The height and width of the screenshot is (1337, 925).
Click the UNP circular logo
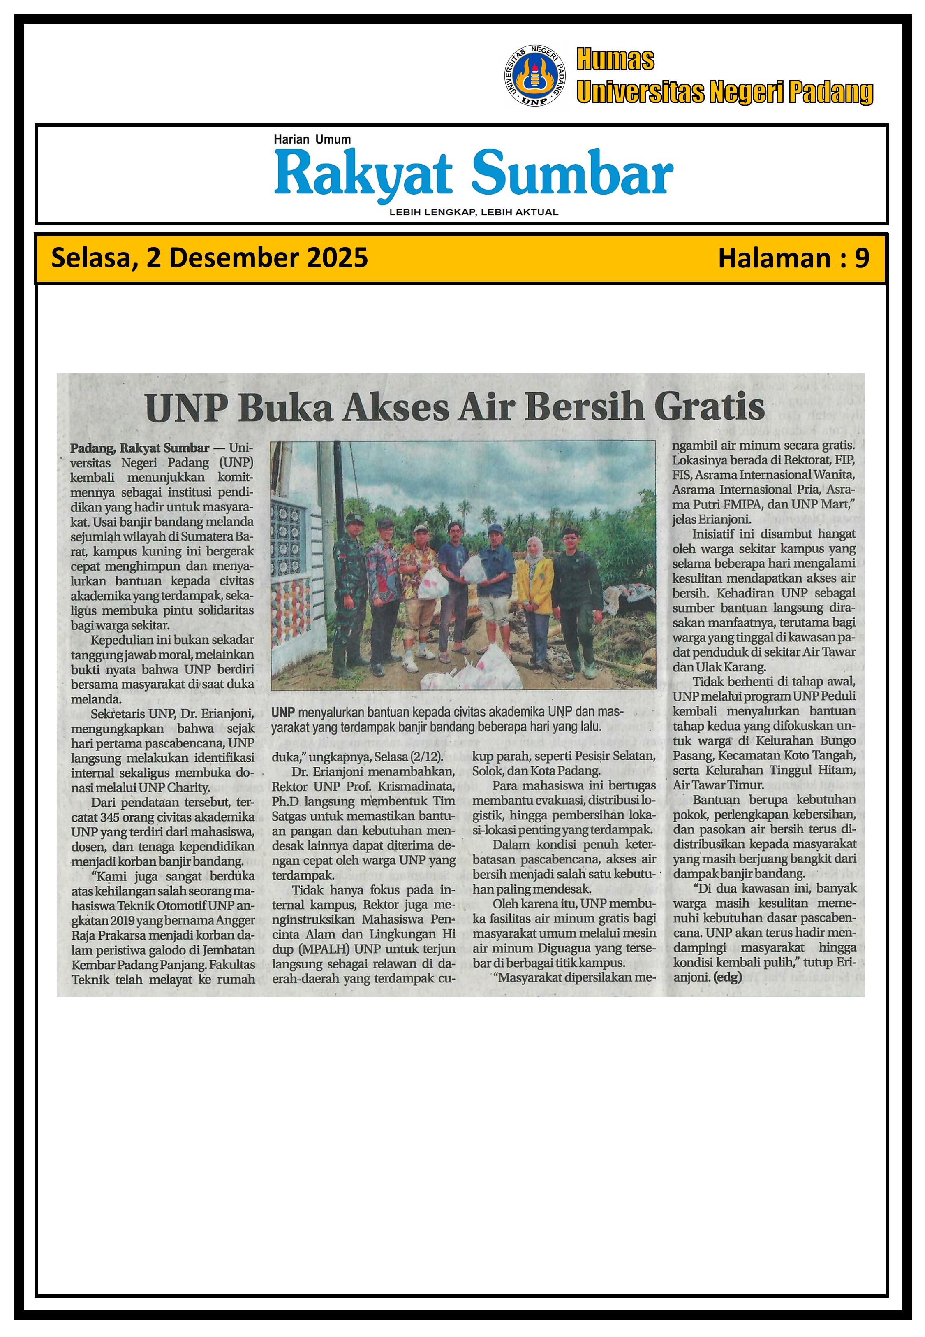pos(534,76)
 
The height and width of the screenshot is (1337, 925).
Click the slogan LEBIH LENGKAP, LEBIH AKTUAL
pos(474,212)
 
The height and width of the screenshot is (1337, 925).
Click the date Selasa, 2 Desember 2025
pos(209,258)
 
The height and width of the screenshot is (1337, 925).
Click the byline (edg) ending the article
pos(727,977)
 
